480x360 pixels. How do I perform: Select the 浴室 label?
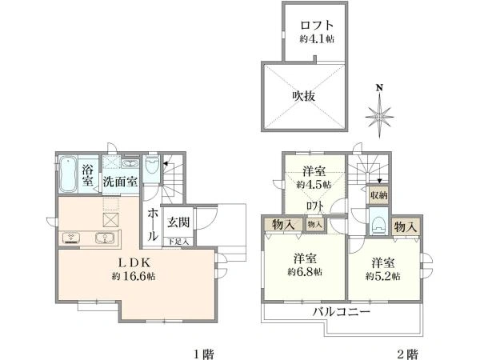(89, 174)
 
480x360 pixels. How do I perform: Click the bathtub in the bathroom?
(69, 173)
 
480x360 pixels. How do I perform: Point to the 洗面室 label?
(119, 181)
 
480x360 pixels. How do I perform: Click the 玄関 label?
(178, 222)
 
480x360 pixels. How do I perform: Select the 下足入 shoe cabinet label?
(178, 241)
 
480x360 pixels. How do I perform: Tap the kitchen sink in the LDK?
(103, 238)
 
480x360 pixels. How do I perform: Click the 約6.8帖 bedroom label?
(306, 266)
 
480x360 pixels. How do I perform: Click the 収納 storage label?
(378, 194)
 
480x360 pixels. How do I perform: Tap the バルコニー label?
(341, 311)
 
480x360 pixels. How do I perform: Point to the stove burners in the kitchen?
(70, 237)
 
